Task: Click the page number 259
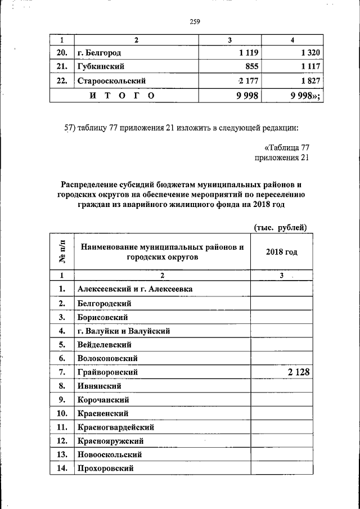[x=195, y=22]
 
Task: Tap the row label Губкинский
[x=101, y=67]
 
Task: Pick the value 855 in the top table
[x=251, y=67]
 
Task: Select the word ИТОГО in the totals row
[x=122, y=96]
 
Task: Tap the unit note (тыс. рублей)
[x=280, y=227]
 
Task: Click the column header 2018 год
[x=281, y=252]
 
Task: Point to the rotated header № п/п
[x=62, y=252]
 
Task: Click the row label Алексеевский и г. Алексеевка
[x=135, y=289]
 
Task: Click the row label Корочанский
[x=103, y=400]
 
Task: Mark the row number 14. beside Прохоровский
[x=62, y=469]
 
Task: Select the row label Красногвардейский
[x=116, y=427]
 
